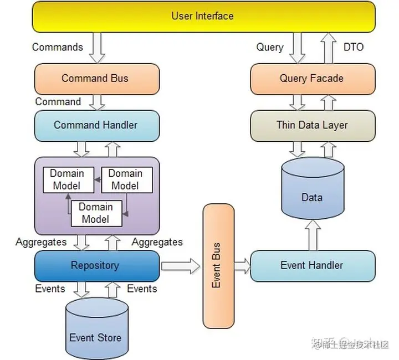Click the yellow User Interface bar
tap(202, 16)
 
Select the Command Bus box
tap(97, 79)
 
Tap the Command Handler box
tap(97, 125)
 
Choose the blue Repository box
tap(97, 265)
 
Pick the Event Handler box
tap(311, 265)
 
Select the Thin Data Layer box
tap(311, 125)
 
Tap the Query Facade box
tap(311, 79)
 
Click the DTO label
tap(353, 47)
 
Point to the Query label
tap(270, 47)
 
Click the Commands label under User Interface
tap(58, 47)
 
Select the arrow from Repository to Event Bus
tap(180, 266)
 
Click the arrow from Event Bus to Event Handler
tap(242, 266)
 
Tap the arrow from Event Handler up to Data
tap(313, 234)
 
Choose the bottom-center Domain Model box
tap(95, 213)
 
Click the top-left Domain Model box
tap(66, 180)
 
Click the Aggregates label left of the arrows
tap(41, 242)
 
